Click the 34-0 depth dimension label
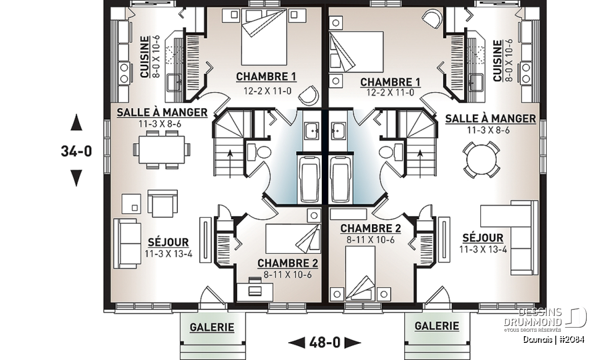coord(77,151)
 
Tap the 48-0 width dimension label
coord(325,343)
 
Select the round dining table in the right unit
coord(481,159)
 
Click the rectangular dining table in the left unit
coord(162,150)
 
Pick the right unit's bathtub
coord(340,179)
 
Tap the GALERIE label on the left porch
coord(212,327)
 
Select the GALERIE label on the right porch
coord(437,326)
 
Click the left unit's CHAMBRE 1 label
coord(266,76)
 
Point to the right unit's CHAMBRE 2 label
coord(370,228)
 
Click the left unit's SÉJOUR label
coord(168,242)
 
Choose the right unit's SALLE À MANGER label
coord(491,118)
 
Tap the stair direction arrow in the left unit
coord(230,164)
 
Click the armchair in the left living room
coord(163,204)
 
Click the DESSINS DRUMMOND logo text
coord(533,317)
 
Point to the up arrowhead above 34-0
coord(77,123)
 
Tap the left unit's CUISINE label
coord(145,57)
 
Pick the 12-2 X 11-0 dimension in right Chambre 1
coord(390,93)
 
